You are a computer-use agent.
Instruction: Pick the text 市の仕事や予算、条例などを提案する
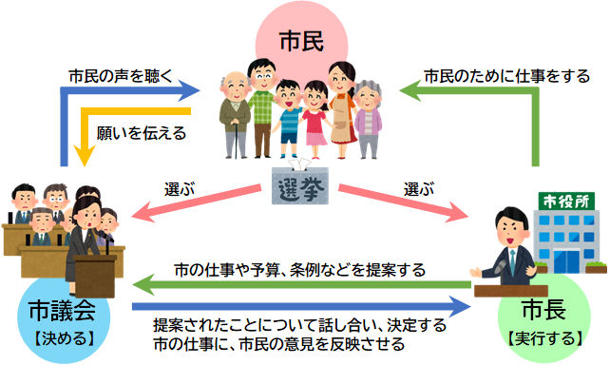(299, 269)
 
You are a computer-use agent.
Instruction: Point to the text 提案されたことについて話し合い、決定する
(299, 325)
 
